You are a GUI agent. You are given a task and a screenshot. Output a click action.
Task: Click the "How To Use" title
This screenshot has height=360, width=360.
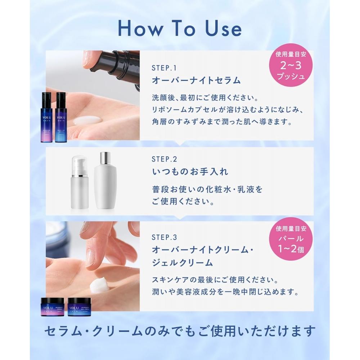(x=180, y=29)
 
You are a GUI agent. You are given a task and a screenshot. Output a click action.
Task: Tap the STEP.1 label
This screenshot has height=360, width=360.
(x=164, y=68)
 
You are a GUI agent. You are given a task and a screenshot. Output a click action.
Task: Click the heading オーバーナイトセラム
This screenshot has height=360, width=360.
(x=196, y=80)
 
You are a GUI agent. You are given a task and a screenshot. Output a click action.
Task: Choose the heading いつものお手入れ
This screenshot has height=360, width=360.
(x=190, y=171)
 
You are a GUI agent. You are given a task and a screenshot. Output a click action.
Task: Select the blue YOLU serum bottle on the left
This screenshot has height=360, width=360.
(x=47, y=117)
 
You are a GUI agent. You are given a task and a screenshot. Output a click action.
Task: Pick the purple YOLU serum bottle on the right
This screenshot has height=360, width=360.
(x=61, y=117)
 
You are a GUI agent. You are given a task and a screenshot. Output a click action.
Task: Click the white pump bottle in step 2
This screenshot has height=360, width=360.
(x=80, y=182)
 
